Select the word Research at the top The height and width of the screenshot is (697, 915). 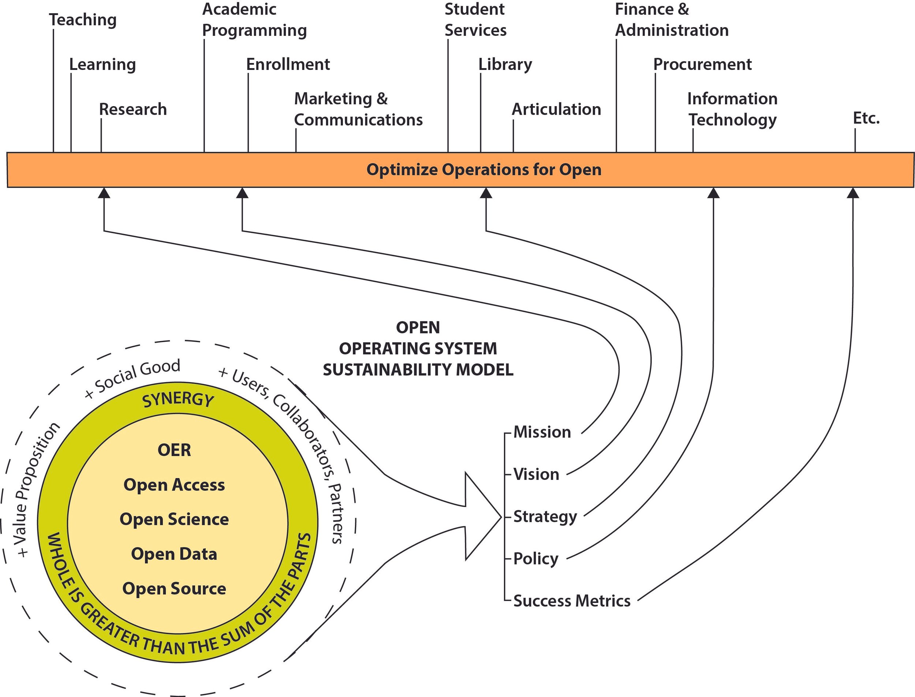coord(133,109)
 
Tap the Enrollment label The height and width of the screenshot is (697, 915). coord(288,64)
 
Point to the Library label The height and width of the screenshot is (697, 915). coord(505,65)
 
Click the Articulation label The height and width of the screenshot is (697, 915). coord(556,109)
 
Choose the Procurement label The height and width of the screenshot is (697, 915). coord(702,64)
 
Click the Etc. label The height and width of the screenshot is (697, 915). coord(866,118)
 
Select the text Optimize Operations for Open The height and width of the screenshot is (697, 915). coord(483,170)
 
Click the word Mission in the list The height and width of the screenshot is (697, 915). coord(542,432)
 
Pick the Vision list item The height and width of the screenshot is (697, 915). coord(536,474)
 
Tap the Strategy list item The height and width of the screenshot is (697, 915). coord(545,517)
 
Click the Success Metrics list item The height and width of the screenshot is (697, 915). coord(572,601)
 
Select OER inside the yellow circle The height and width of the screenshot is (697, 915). coord(174,450)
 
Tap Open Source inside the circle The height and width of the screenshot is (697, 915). coord(174,589)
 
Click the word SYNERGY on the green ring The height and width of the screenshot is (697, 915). coord(178,399)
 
